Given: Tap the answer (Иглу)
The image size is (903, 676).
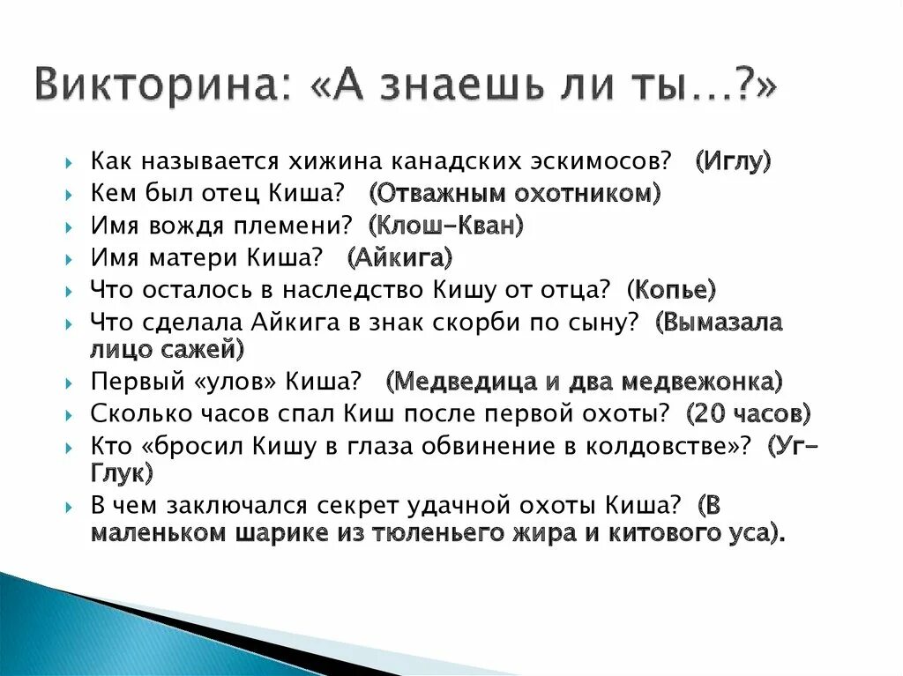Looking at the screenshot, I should tap(733, 162).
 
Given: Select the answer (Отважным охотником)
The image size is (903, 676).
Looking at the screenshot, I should tap(515, 194).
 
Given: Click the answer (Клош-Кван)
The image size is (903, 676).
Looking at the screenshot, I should tap(447, 227).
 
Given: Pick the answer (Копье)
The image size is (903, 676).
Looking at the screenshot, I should tap(671, 290).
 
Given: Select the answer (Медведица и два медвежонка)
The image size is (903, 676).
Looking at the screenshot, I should tap(585, 382).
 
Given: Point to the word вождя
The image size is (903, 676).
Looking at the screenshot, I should tap(188, 227).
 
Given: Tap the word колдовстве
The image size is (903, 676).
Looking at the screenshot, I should tap(653, 446).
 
